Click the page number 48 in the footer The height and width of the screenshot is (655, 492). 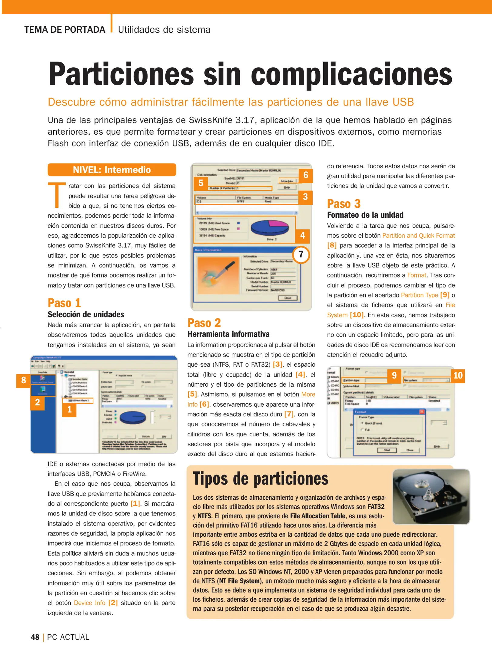coord(35,637)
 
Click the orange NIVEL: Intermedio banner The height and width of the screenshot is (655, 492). coord(112,170)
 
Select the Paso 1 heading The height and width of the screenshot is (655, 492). coord(64,303)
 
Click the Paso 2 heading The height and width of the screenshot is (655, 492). coord(204,323)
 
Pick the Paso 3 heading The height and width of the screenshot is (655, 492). coord(344,204)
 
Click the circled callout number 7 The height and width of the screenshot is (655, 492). coord(301,254)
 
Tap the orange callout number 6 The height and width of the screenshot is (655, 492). coord(306,175)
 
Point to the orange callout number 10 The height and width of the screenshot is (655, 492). coord(457,376)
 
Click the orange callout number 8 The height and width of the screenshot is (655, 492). coord(24,380)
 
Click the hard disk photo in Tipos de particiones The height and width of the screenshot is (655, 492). coord(431,497)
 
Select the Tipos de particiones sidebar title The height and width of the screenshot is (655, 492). coord(261,479)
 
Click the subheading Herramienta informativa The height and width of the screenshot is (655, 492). coord(228,334)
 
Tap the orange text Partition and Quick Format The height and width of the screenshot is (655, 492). coord(418,236)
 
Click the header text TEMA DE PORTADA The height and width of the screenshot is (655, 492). coord(65,30)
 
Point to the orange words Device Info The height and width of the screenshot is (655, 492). coord(89,603)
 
